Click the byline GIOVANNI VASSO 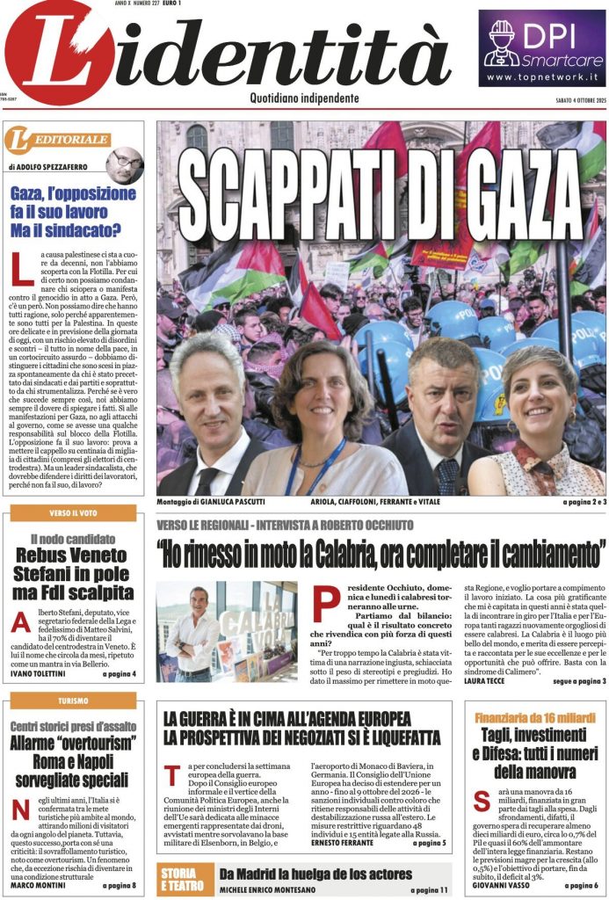505,885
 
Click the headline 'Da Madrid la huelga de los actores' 315,874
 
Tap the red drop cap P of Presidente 324,606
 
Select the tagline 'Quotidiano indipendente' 304,98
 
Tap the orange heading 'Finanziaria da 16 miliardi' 536,717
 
